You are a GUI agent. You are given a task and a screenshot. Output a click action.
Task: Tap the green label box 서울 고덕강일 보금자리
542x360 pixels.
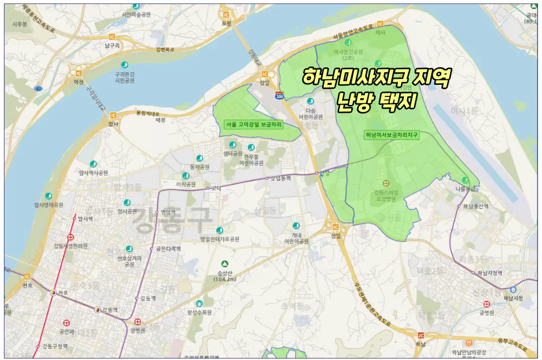(253, 124)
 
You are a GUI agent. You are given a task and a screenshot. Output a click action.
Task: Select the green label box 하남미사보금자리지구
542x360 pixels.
(392, 135)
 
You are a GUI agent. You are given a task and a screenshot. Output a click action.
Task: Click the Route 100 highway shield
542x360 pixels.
(280, 95)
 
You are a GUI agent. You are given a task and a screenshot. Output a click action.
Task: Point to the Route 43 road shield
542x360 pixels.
(38, 88)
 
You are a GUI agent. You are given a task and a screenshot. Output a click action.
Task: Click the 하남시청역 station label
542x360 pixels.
(490, 273)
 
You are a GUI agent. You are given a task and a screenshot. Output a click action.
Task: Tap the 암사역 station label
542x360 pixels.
(85, 219)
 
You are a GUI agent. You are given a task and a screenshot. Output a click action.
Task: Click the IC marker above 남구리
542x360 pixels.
(111, 36)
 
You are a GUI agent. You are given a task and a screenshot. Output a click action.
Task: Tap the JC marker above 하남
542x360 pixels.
(421, 335)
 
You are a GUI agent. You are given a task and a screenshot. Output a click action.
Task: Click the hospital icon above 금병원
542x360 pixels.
(486, 304)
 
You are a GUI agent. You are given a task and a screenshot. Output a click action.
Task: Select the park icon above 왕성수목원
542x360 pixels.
(199, 303)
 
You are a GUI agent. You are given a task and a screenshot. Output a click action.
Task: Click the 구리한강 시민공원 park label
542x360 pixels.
(125, 77)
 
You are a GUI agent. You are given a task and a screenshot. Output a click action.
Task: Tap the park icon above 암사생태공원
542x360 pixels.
(48, 196)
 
